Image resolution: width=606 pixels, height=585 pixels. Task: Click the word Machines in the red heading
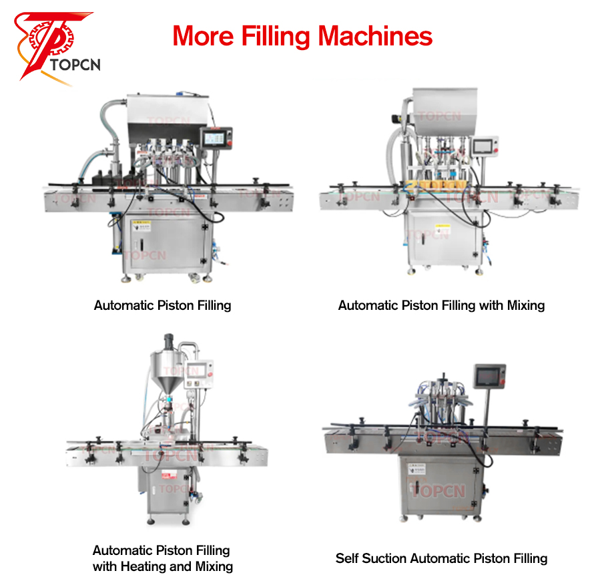coord(375,36)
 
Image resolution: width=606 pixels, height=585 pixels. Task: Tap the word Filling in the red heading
coord(276,37)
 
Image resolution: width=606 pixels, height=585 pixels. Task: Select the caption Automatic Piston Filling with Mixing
coord(441,305)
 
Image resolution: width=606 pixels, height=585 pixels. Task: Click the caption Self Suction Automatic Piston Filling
coord(441,558)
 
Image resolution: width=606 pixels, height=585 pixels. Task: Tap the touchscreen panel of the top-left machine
coord(216,138)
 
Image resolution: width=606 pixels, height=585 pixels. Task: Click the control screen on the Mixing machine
coord(485,146)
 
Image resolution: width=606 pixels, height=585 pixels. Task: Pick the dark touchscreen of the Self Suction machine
coord(490,376)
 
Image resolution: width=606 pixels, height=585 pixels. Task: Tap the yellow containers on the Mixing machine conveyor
coord(441,184)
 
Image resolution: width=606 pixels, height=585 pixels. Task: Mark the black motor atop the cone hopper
coord(169,341)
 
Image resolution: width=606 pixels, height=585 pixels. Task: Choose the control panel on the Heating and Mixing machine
coord(199,374)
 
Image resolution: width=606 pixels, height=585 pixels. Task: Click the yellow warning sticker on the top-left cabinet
coord(141,226)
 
